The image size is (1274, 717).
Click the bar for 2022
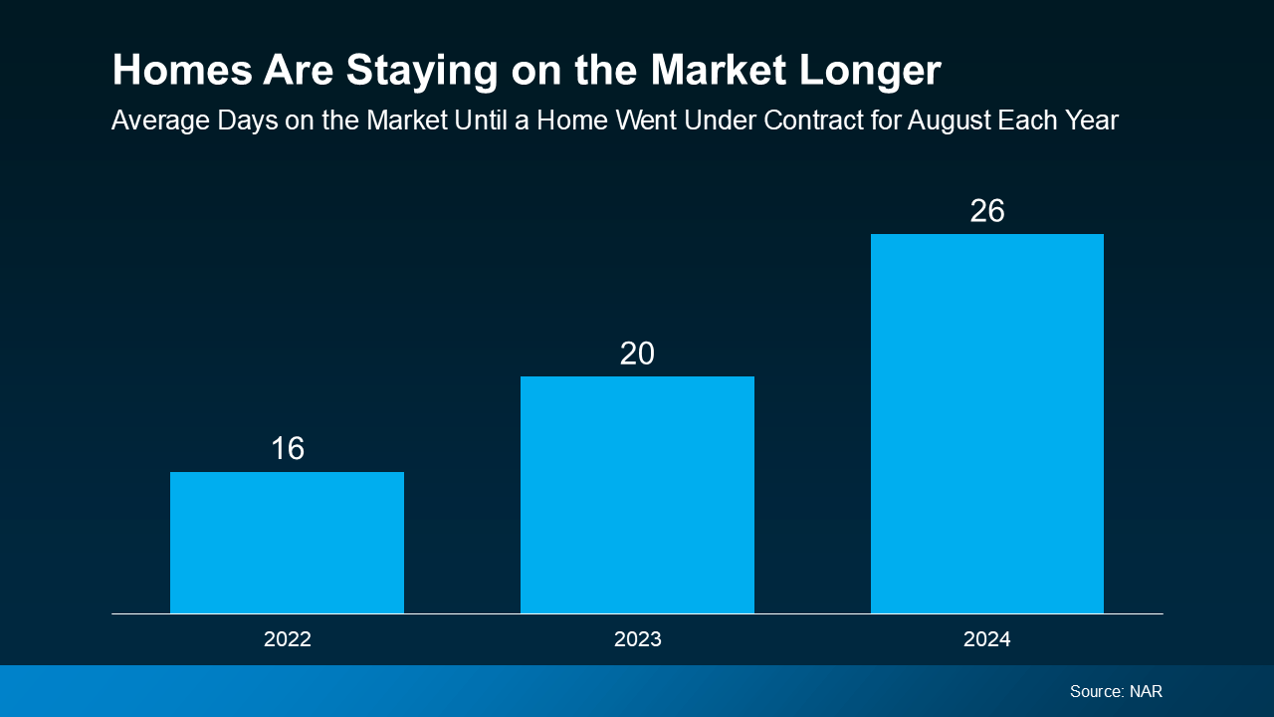pyautogui.click(x=287, y=543)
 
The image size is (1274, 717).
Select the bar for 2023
pyautogui.click(x=637, y=495)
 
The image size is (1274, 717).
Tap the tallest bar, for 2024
pyautogui.click(x=986, y=423)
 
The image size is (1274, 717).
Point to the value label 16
pyautogui.click(x=287, y=449)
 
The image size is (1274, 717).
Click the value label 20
pyautogui.click(x=637, y=354)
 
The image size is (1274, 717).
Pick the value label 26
pyautogui.click(x=986, y=211)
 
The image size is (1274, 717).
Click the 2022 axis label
pyautogui.click(x=287, y=639)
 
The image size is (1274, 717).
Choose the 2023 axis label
pyautogui.click(x=637, y=639)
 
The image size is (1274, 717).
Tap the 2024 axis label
pyautogui.click(x=986, y=639)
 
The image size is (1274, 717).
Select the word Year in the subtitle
pyautogui.click(x=1091, y=121)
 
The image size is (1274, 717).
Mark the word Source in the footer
pyautogui.click(x=1096, y=691)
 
